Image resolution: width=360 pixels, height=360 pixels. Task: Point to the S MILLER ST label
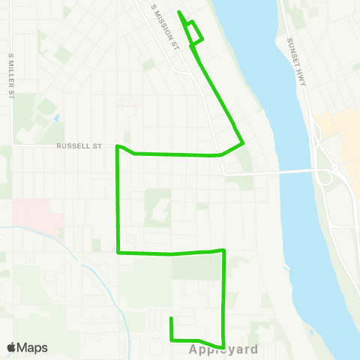[x=11, y=75]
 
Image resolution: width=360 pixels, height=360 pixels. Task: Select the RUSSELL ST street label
[x=78, y=147]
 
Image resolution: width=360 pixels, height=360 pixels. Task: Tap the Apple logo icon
[x=11, y=347]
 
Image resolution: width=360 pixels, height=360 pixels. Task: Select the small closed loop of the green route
[x=194, y=32]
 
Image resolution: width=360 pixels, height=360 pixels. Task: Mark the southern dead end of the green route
[x=172, y=319]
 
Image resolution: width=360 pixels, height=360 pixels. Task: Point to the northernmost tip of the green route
[x=178, y=12]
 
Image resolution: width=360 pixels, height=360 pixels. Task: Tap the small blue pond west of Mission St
[x=56, y=118]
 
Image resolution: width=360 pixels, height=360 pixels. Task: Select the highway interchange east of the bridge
[x=326, y=175]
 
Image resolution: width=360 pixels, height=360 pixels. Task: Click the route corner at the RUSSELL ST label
[x=117, y=147]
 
